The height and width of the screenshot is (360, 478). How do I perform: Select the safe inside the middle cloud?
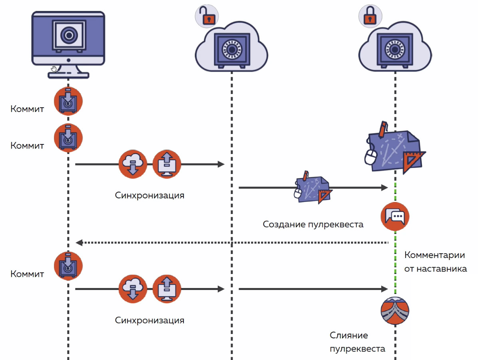pyautogui.click(x=231, y=50)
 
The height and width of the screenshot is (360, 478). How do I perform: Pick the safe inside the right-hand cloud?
pyautogui.click(x=395, y=50)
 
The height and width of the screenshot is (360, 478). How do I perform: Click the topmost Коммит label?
pyautogui.click(x=27, y=109)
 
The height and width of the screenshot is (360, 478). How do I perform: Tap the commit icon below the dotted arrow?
pyautogui.click(x=68, y=266)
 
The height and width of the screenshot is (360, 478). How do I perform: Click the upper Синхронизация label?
pyautogui.click(x=150, y=195)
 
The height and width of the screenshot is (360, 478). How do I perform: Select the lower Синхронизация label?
pyautogui.click(x=150, y=320)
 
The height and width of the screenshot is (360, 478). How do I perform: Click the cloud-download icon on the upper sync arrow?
pyautogui.click(x=133, y=164)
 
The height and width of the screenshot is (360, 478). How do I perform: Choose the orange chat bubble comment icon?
pyautogui.click(x=395, y=216)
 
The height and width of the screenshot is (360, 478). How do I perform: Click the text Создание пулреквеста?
pyautogui.click(x=313, y=224)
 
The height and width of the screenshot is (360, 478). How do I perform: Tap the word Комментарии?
pyautogui.click(x=434, y=255)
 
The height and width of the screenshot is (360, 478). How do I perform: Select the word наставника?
pyautogui.click(x=442, y=268)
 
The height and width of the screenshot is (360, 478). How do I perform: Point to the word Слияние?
pyautogui.click(x=349, y=335)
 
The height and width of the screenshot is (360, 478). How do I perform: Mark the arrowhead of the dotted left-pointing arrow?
pyautogui.click(x=79, y=242)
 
